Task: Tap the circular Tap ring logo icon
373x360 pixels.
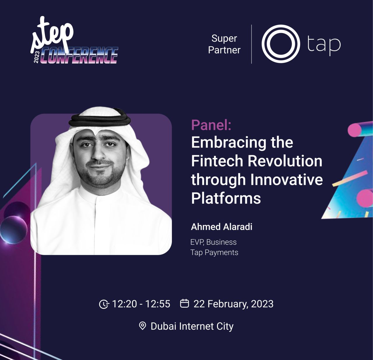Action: pyautogui.click(x=281, y=44)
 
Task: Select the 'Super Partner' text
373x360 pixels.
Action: pyautogui.click(x=224, y=44)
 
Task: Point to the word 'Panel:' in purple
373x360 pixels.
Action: pyautogui.click(x=211, y=125)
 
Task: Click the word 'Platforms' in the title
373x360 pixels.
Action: pyautogui.click(x=226, y=198)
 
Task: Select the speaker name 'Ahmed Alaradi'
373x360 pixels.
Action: pyautogui.click(x=221, y=227)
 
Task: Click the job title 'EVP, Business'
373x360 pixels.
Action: pyautogui.click(x=213, y=242)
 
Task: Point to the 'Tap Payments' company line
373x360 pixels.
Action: pyautogui.click(x=214, y=252)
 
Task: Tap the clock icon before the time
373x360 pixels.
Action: pyautogui.click(x=104, y=304)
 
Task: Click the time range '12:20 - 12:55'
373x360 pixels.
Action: pyautogui.click(x=141, y=304)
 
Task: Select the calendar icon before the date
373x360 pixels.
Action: pyautogui.click(x=184, y=303)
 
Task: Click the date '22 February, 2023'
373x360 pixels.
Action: pyautogui.click(x=233, y=304)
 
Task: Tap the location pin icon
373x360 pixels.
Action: pyautogui.click(x=142, y=326)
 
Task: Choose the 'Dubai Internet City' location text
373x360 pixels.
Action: pyautogui.click(x=192, y=326)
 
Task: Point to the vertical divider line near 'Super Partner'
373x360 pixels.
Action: pyautogui.click(x=251, y=44)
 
